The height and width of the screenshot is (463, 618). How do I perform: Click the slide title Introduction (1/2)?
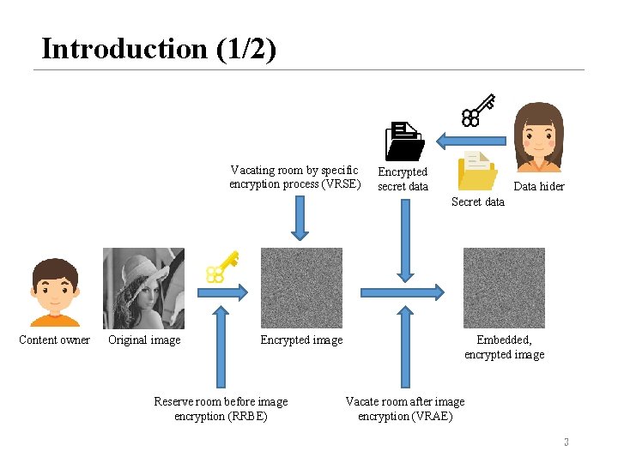pyautogui.click(x=159, y=49)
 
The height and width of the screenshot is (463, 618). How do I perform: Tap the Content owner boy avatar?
pyautogui.click(x=55, y=292)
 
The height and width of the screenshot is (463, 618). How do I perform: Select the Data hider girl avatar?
pyautogui.click(x=538, y=136)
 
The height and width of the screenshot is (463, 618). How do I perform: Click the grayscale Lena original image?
pyautogui.click(x=143, y=288)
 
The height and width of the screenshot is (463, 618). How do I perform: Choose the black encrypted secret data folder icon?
pyautogui.click(x=403, y=141)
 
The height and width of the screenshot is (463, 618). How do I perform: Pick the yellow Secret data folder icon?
pyautogui.click(x=477, y=170)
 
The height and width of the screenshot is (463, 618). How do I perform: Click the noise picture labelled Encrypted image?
pyautogui.click(x=301, y=288)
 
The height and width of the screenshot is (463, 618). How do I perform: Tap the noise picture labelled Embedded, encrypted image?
pyautogui.click(x=504, y=288)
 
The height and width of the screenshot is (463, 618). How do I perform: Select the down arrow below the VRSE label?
pyautogui.click(x=300, y=218)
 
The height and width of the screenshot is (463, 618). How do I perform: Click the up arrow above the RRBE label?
pyautogui.click(x=221, y=348)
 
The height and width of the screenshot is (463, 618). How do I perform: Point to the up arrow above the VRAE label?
pyautogui.click(x=403, y=348)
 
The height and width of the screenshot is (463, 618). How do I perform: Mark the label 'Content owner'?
pyautogui.click(x=54, y=340)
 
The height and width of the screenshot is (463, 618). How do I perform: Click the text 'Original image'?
pyautogui.click(x=144, y=340)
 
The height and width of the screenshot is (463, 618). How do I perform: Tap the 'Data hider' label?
pyautogui.click(x=539, y=186)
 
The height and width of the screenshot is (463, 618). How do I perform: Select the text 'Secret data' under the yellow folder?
pyautogui.click(x=478, y=201)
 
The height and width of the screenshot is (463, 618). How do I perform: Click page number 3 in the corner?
pyautogui.click(x=566, y=442)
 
